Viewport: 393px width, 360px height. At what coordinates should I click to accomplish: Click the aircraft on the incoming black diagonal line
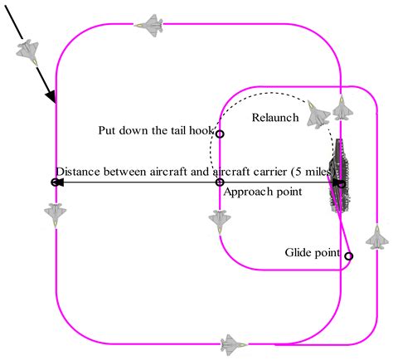pos(28,51)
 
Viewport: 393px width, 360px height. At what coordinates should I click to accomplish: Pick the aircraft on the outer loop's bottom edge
pos(231,343)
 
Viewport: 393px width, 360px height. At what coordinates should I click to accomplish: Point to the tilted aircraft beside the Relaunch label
pos(318,117)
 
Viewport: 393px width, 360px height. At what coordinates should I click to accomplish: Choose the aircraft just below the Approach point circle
pos(220,221)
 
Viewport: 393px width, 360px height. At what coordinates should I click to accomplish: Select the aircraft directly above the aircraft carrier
pos(342,108)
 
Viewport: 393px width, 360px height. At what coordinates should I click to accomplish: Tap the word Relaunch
pos(274,118)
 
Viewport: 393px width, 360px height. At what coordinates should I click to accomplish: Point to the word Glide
pos(298,251)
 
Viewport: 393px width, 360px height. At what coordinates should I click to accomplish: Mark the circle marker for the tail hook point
pos(220,134)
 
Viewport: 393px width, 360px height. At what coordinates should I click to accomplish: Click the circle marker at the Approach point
pos(220,182)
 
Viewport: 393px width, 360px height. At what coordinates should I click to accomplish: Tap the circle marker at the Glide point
pos(348,256)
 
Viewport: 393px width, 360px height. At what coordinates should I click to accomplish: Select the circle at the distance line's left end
pos(55,182)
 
